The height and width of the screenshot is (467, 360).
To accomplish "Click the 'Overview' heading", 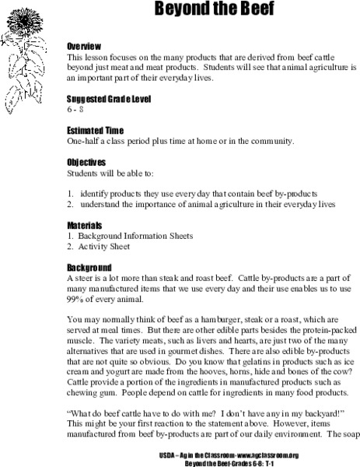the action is [87, 47].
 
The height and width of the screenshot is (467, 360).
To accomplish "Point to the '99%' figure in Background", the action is [76, 299].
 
